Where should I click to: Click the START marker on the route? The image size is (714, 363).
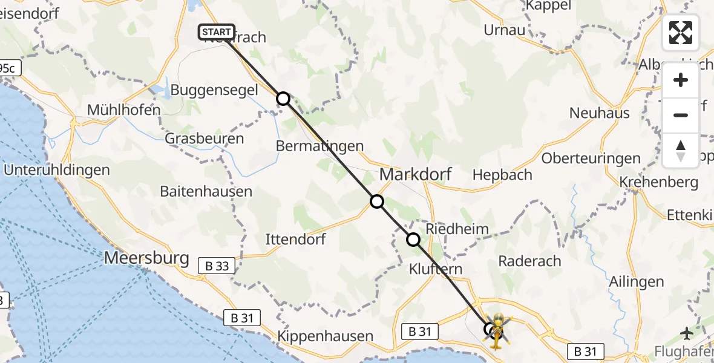point(216,32)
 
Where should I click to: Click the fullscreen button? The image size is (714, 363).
point(681,33)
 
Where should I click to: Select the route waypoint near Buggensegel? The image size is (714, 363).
point(283,98)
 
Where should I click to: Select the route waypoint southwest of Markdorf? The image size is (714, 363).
point(377,201)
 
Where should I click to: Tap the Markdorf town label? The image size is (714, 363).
point(415,175)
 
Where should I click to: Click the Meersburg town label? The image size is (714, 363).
point(147,258)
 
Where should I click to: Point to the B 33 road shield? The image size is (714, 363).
point(217,264)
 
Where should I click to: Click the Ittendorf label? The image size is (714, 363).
point(295,240)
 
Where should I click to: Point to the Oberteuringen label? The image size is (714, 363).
point(591,159)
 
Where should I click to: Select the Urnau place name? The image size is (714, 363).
point(504,30)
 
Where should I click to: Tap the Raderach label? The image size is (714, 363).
point(529,261)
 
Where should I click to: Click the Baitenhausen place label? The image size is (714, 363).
point(206,192)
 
